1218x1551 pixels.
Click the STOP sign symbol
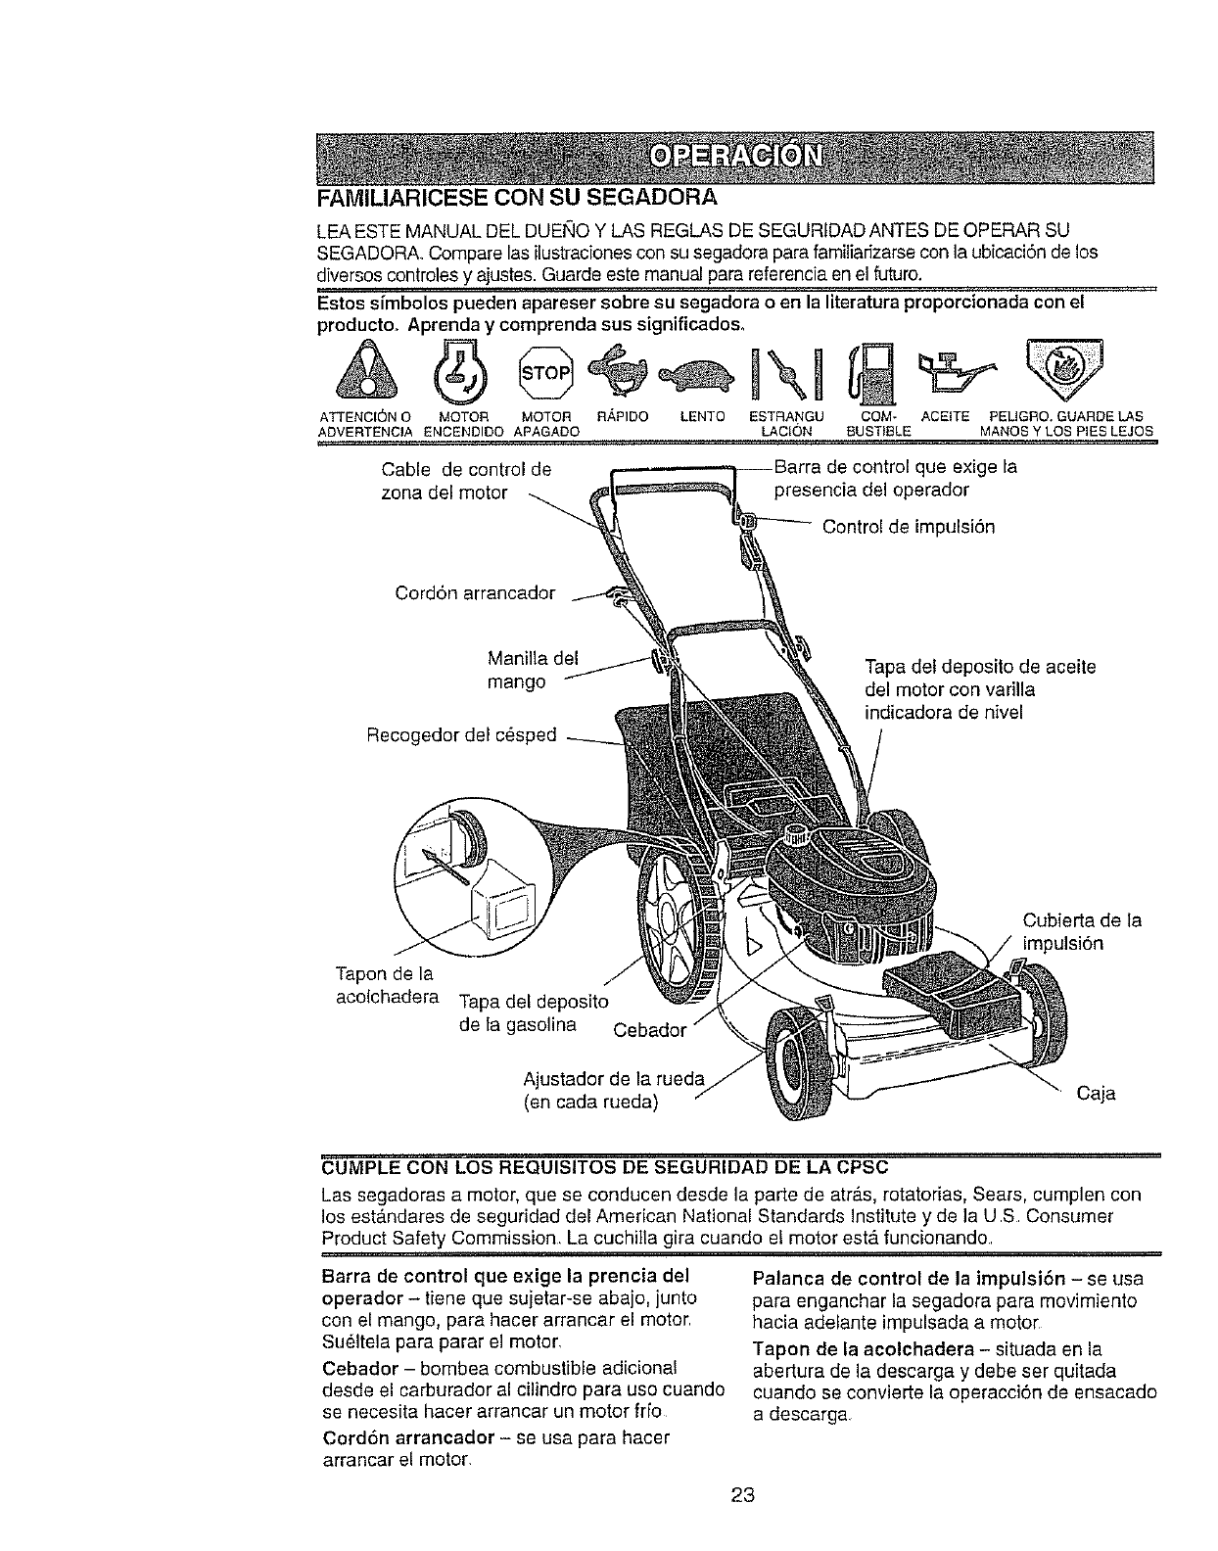pos(546,372)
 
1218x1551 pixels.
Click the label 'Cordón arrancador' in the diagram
pos(475,593)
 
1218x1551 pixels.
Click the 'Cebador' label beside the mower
pos(650,1029)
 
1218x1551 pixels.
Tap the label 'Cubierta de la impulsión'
pos(1081,931)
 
